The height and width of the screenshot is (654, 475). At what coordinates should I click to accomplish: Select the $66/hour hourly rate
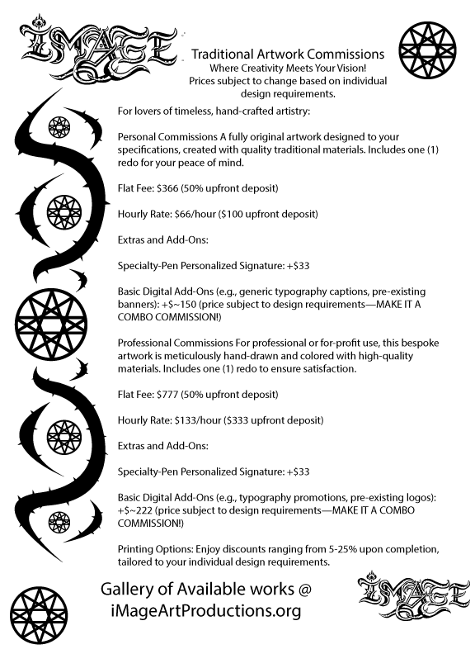[193, 214]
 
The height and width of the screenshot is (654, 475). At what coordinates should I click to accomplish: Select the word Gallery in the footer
[131, 590]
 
